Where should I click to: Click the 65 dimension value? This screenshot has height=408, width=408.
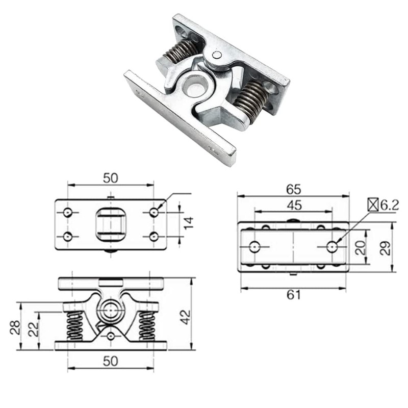(293, 189)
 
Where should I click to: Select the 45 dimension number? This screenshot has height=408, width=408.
(294, 205)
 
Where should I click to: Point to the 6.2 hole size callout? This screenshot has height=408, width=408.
(389, 205)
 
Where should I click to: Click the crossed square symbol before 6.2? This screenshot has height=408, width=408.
(373, 205)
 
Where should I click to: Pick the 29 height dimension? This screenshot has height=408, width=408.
(386, 248)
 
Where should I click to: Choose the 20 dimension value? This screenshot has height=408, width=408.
(360, 248)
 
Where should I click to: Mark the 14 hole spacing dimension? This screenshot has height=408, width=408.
(189, 223)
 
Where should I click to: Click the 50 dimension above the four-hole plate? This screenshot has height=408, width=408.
(111, 178)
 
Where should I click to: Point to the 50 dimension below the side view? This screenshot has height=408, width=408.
(111, 361)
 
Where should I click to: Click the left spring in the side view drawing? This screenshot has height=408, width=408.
(75, 326)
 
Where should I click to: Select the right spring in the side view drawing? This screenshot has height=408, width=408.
(147, 326)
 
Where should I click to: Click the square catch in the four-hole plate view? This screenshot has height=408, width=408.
(111, 224)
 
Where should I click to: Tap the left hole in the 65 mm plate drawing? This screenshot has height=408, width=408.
(254, 247)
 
